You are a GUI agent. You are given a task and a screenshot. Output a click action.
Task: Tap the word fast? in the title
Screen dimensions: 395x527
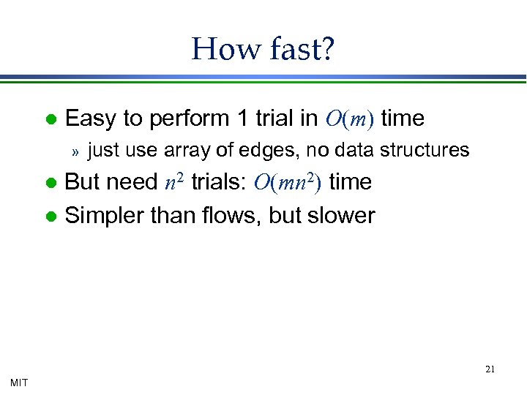click(299, 49)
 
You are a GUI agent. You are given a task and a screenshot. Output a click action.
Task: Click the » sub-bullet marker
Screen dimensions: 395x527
click(74, 151)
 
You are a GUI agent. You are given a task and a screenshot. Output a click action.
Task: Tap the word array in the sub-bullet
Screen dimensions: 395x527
click(184, 151)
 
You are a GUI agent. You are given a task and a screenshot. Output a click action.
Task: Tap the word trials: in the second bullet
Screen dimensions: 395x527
click(218, 181)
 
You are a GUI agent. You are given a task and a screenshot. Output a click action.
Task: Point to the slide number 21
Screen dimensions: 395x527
click(490, 369)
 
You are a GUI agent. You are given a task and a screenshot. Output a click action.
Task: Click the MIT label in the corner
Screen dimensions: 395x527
click(19, 382)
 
